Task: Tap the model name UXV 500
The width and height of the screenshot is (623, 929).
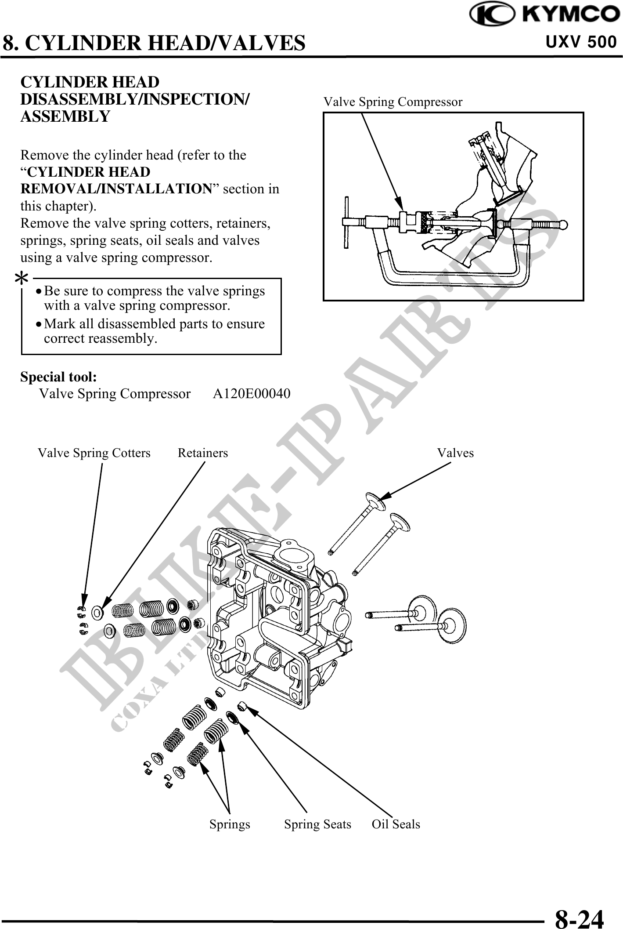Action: (x=581, y=42)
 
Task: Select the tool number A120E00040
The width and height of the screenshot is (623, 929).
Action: (x=252, y=394)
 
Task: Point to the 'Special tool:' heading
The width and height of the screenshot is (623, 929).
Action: (x=59, y=377)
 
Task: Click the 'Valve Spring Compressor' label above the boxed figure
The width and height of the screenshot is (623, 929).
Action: (x=393, y=102)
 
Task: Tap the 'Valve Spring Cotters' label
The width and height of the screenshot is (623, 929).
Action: (x=94, y=453)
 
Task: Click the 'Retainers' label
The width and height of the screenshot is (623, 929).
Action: (x=203, y=453)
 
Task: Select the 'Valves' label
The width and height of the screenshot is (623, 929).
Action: (x=455, y=453)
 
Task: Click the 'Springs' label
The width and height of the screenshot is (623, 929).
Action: (x=230, y=824)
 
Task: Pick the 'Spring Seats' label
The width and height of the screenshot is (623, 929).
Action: (x=317, y=824)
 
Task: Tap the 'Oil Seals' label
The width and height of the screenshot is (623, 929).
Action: (x=396, y=824)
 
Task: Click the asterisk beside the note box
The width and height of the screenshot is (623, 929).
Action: (x=22, y=278)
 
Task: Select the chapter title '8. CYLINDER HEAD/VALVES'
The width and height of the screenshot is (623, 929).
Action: (x=154, y=43)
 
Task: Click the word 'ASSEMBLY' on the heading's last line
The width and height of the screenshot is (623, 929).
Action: (x=65, y=116)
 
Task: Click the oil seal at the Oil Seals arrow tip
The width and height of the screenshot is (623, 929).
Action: (x=241, y=706)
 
